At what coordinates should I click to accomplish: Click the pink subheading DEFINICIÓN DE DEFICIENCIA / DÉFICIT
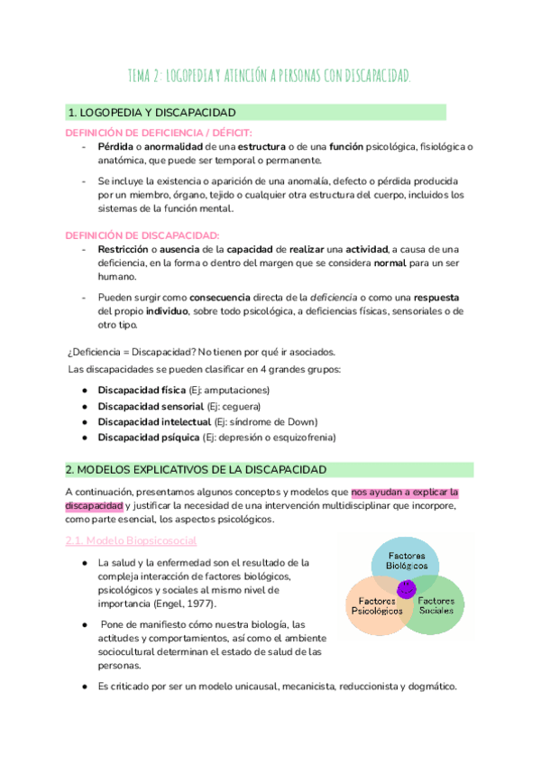pos(150,133)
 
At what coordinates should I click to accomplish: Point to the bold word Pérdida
pos(115,147)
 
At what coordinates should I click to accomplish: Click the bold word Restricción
pos(124,249)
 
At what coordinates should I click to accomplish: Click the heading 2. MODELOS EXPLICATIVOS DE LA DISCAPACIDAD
pos(196,470)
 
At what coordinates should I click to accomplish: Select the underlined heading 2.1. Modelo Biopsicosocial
pos(132,540)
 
